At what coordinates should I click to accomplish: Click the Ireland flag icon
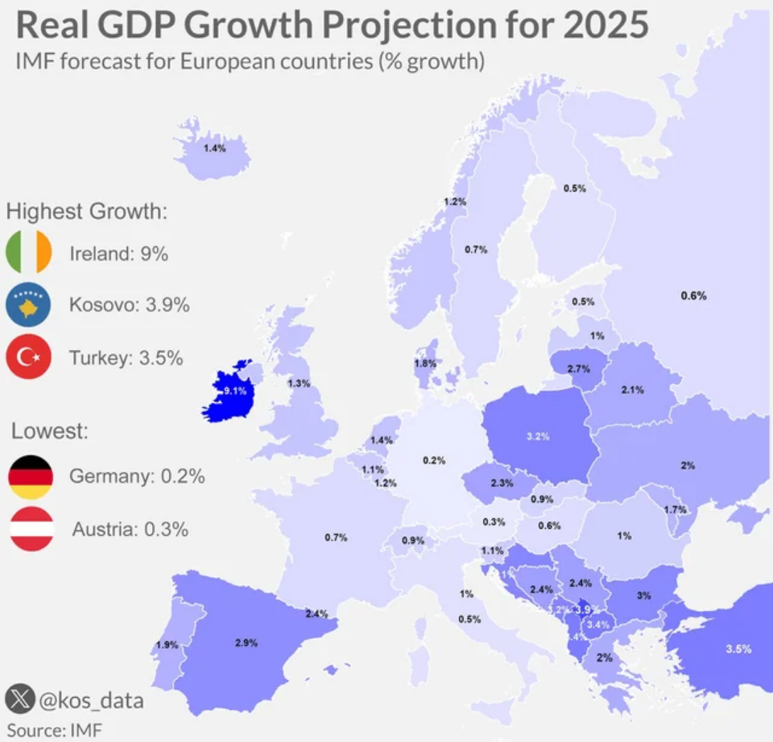(29, 253)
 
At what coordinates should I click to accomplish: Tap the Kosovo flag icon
(29, 305)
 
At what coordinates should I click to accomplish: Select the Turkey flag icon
(29, 357)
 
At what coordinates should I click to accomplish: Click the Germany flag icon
(31, 476)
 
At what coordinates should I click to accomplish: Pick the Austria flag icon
(31, 529)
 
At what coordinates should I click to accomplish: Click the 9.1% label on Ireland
(234, 391)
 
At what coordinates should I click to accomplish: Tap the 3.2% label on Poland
(538, 437)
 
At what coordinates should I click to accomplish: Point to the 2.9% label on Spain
(246, 642)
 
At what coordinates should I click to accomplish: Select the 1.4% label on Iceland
(214, 149)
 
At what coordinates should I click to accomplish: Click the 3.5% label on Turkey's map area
(738, 649)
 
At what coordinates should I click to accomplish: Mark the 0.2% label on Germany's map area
(434, 460)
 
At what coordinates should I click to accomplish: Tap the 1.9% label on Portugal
(167, 645)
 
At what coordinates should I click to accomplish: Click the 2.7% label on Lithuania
(579, 369)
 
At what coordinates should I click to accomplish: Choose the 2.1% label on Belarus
(632, 390)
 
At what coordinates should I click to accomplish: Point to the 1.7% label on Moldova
(675, 510)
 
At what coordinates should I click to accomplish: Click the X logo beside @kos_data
(19, 699)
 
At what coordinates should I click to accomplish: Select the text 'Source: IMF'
(56, 730)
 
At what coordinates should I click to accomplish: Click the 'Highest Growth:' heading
(87, 212)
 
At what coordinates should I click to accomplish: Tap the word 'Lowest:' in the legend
(49, 431)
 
